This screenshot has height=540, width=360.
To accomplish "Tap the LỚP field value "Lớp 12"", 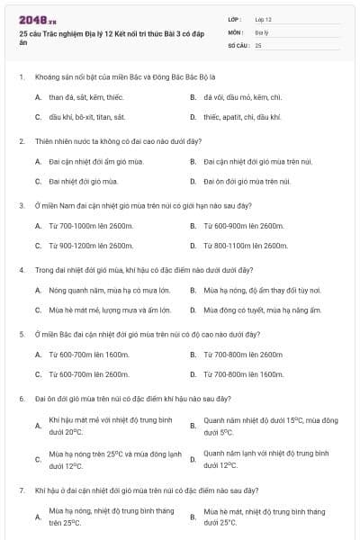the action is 264,19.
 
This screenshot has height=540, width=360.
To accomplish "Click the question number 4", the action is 21,269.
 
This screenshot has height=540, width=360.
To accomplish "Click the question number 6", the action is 21,398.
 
